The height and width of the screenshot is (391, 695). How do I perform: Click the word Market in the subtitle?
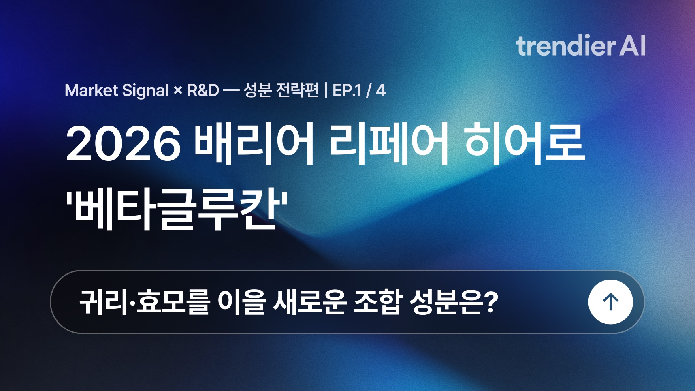(x=91, y=90)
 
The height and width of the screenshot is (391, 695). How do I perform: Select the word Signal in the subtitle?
(x=145, y=91)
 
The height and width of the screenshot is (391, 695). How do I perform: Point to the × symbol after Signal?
(x=178, y=91)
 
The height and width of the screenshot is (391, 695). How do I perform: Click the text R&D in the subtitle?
(x=203, y=90)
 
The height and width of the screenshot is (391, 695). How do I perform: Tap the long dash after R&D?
(x=231, y=91)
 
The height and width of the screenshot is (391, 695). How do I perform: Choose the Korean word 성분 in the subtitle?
(x=257, y=90)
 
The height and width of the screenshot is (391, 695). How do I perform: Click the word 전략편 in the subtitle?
(x=297, y=90)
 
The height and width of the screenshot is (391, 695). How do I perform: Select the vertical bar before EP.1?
(x=326, y=90)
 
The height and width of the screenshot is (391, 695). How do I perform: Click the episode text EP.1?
(x=347, y=90)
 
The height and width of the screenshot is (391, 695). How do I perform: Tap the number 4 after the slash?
(x=380, y=90)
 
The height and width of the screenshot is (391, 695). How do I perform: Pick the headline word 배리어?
(x=254, y=143)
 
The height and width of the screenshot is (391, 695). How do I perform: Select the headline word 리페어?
(x=389, y=143)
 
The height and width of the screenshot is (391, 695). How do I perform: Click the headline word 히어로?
(x=525, y=143)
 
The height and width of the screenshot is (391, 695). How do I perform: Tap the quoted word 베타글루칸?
(x=177, y=210)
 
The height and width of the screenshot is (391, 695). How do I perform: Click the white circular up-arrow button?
(x=610, y=302)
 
